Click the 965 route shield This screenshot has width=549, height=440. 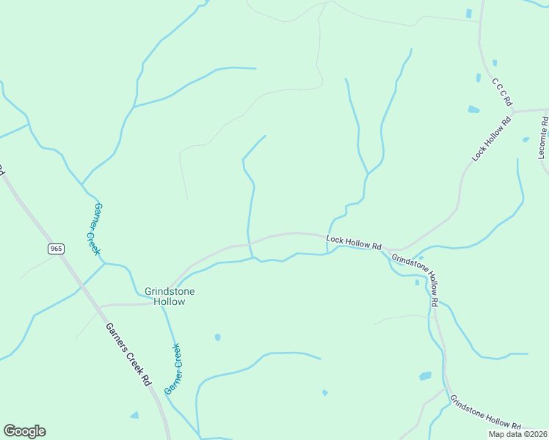pos(57,249)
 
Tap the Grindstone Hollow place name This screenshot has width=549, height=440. pos(164,296)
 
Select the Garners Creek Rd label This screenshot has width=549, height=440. pos(128,355)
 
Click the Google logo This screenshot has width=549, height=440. pos(24,431)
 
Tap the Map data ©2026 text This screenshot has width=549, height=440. pos(517,434)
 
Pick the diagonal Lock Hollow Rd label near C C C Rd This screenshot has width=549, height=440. pos(491,139)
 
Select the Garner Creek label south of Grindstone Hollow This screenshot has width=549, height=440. pos(172,369)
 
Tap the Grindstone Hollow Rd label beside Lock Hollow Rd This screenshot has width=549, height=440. pos(415,279)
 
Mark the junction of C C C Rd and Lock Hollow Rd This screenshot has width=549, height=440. pos(513,111)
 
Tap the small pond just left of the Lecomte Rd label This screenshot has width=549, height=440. pos(526,139)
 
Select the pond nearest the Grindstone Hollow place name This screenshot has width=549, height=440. pos(217,337)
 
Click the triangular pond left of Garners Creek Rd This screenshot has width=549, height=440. pos(134,415)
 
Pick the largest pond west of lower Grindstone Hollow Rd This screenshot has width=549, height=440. pos(426,376)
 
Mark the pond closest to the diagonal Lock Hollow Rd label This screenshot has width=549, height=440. pos(473,109)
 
